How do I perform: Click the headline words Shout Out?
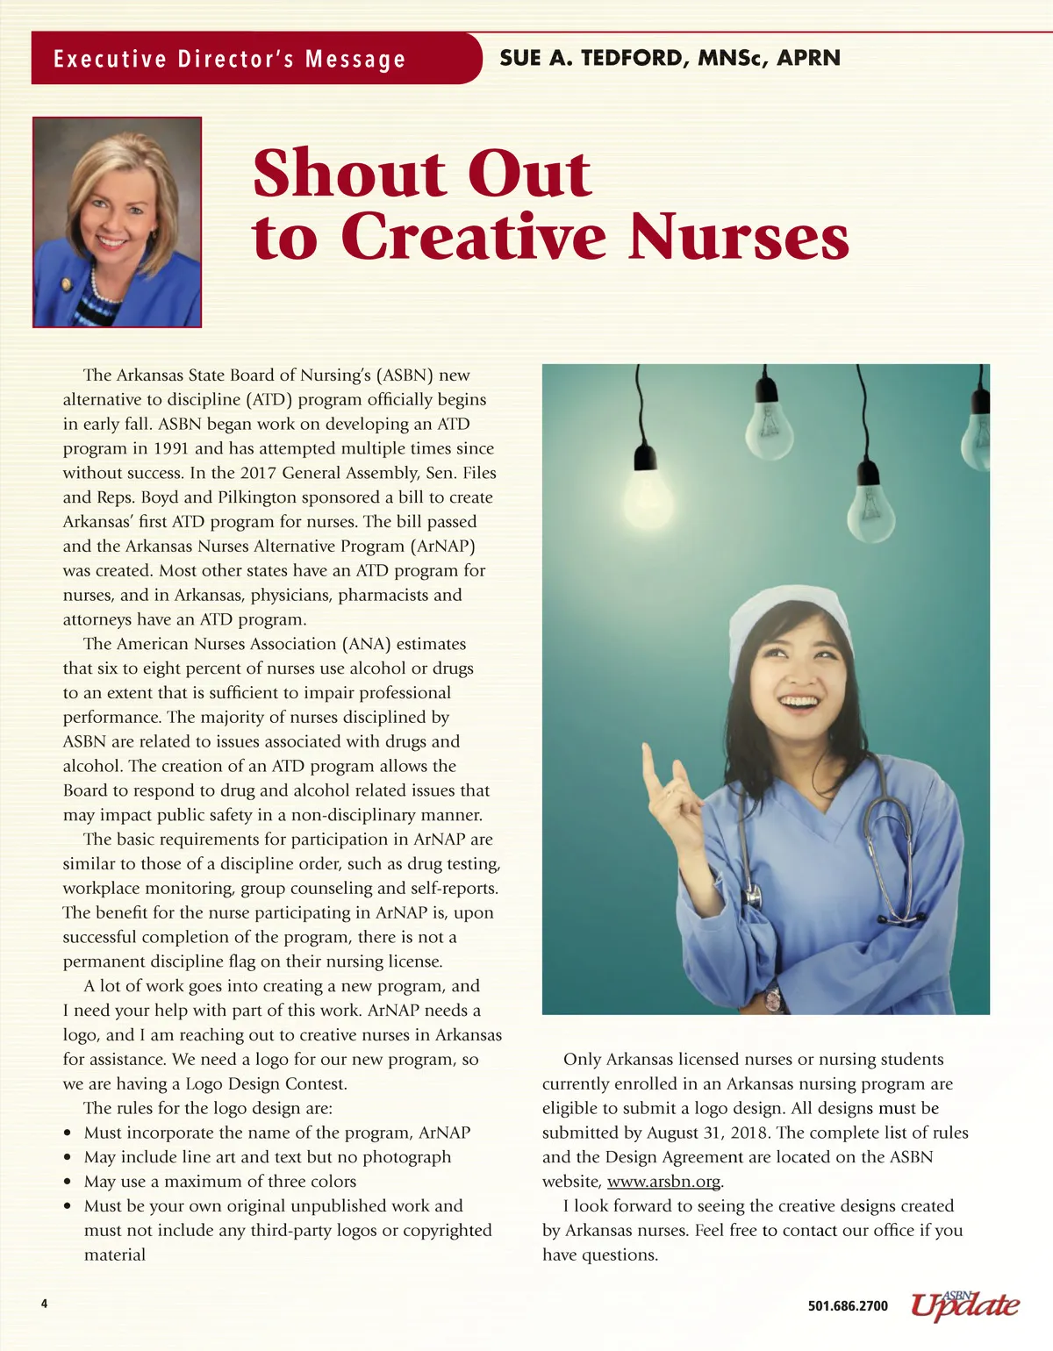pos(421,174)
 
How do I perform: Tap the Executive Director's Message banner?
pos(230,59)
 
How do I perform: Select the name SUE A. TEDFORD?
pos(591,58)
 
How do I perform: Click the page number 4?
pos(45,1304)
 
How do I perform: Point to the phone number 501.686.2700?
pos(848,1306)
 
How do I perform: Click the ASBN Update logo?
pos(964,1305)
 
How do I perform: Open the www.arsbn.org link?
pos(663,1182)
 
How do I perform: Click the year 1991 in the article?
pos(171,448)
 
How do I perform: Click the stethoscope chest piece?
pos(752,896)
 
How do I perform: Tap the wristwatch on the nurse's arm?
pos(771,998)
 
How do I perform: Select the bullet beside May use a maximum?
pos(68,1183)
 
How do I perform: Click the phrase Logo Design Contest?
pos(266,1083)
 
